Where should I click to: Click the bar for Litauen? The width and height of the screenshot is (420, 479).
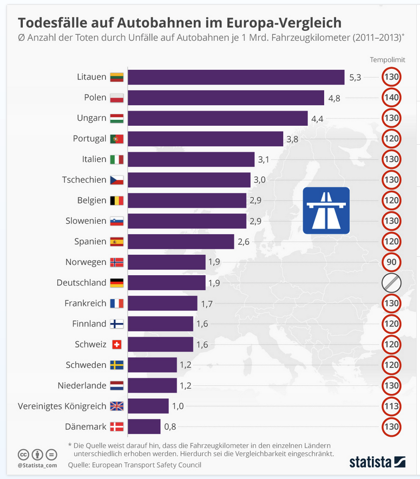236,77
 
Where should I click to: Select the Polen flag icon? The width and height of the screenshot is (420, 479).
116,98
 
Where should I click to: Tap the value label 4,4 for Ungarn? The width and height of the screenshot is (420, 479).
317,118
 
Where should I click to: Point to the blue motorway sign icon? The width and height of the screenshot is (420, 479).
326,210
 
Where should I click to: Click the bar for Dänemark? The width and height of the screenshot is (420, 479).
144,426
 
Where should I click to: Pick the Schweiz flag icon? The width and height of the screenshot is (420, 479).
116,345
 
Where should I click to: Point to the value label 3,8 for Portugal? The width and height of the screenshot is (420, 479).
292,139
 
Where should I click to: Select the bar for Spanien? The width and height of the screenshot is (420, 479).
181,242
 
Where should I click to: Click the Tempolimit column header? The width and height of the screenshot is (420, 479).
388,60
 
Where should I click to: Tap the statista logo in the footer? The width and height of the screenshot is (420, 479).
377,462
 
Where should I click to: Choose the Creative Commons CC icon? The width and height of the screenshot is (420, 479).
23,454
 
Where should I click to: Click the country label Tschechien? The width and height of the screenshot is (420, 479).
84,180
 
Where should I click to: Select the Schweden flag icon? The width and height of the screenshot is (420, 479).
116,365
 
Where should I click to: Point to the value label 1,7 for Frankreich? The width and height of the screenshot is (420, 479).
207,303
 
